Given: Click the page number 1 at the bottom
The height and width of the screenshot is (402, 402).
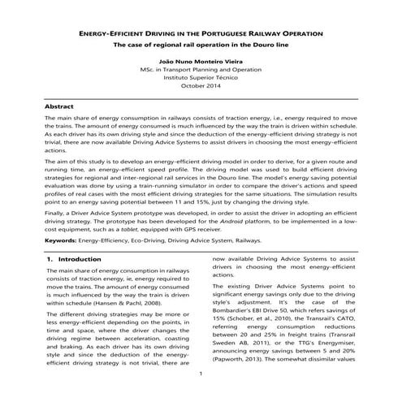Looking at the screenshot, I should [x=201, y=374].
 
